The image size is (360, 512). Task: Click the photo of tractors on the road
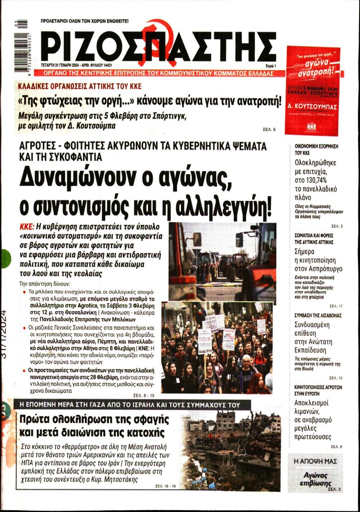[x=222, y=261]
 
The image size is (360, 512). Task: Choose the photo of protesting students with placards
[x=217, y=348]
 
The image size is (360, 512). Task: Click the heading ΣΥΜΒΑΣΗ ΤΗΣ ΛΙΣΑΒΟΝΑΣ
[x=317, y=315]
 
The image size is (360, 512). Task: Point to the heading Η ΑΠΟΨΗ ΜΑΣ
[x=315, y=462]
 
